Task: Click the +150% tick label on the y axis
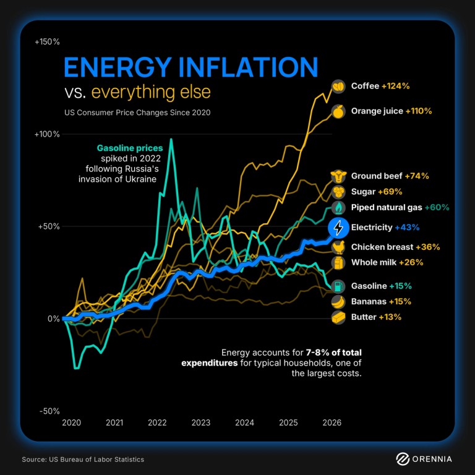47,42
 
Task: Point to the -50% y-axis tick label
48,411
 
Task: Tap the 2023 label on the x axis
200,423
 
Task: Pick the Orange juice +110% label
391,111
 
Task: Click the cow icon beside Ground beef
338,176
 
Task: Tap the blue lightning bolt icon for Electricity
338,228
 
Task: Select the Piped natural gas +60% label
400,207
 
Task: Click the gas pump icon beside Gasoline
338,286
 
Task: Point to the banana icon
338,302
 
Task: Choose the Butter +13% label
376,317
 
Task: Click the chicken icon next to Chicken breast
338,247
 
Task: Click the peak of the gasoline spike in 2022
171,140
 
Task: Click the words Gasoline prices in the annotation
130,148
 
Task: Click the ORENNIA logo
424,459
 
